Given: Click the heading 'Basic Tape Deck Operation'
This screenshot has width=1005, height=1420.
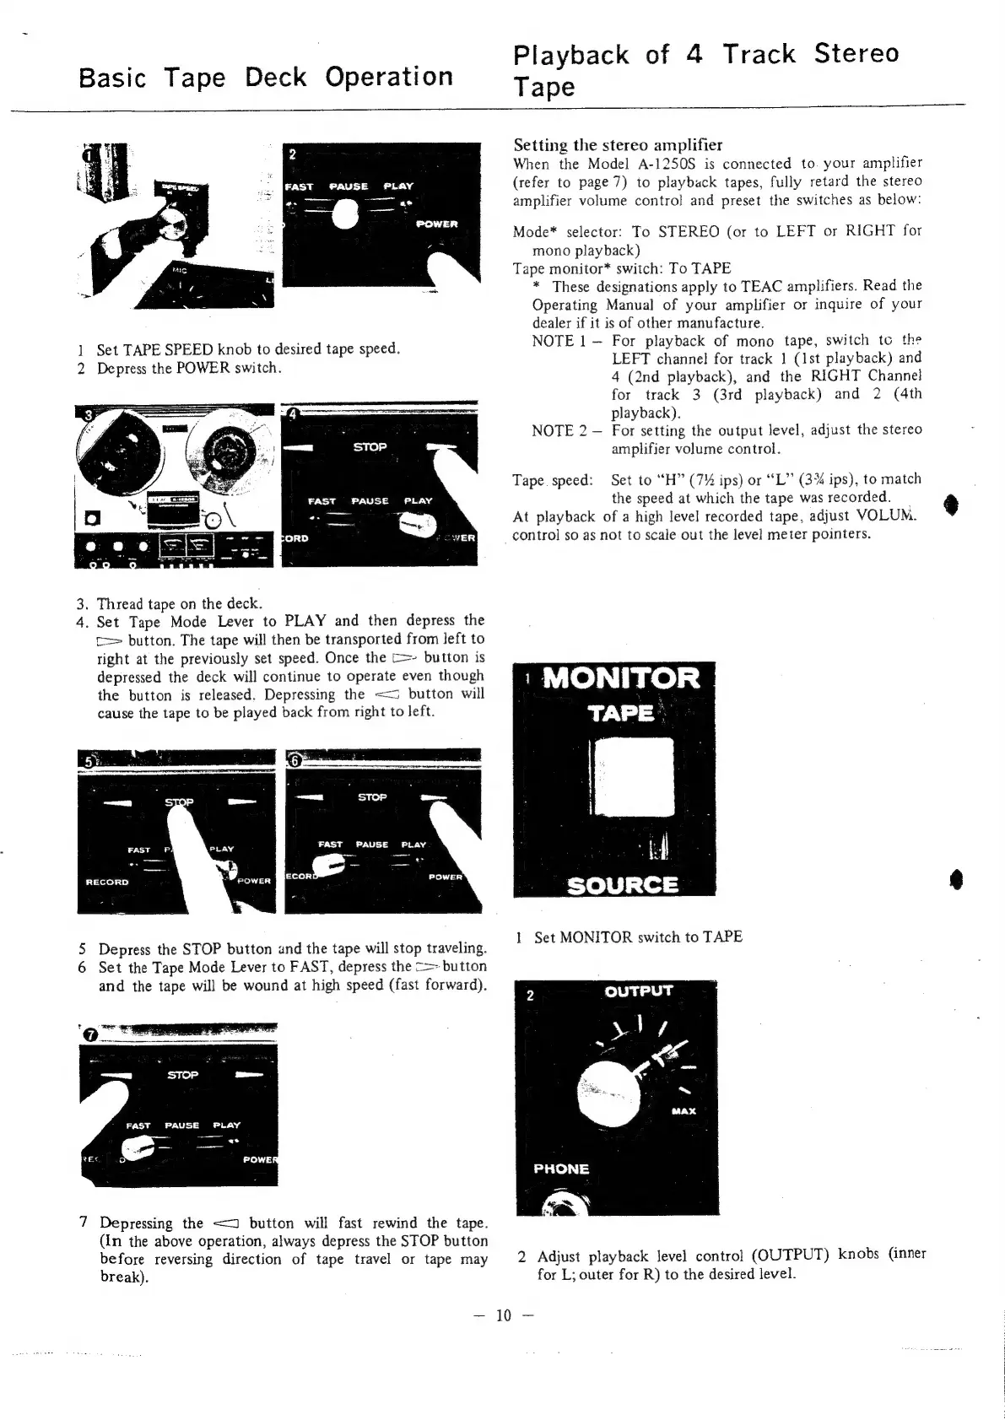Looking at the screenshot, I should pyautogui.click(x=265, y=78).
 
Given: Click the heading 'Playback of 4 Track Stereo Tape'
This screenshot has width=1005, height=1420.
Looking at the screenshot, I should pyautogui.click(x=705, y=69).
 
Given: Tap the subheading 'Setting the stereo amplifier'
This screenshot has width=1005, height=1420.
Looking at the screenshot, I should pyautogui.click(x=618, y=144).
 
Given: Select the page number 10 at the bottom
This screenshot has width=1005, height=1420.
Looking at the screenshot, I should pyautogui.click(x=504, y=1315).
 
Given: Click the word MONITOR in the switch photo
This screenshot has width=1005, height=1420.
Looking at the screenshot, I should pyautogui.click(x=621, y=678).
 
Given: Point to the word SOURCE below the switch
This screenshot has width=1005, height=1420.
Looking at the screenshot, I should pyautogui.click(x=623, y=884).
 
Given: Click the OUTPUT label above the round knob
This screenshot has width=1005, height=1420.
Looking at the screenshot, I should pyautogui.click(x=639, y=991).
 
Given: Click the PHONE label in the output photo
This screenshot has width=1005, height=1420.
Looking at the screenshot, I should pyautogui.click(x=561, y=1169).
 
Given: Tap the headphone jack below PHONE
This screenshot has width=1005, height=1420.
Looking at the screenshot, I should pyautogui.click(x=558, y=1201).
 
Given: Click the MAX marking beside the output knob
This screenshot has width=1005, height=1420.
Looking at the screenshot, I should pyautogui.click(x=684, y=1110).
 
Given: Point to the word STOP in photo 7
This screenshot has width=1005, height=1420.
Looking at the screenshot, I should pyautogui.click(x=182, y=1075).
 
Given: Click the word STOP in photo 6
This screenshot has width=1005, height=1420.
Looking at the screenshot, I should pyautogui.click(x=372, y=796).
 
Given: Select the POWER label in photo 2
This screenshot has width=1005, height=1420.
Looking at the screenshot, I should pyautogui.click(x=436, y=224).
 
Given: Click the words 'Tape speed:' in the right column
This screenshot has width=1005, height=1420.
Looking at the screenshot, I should pyautogui.click(x=552, y=480).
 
